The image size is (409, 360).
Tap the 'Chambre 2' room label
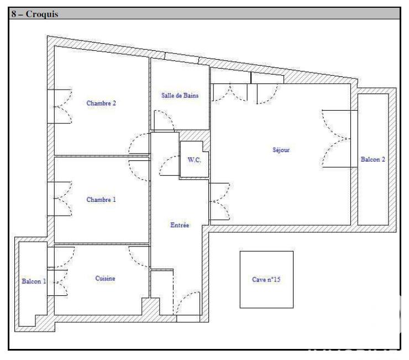point(101,103)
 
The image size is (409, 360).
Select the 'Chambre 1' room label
point(101,200)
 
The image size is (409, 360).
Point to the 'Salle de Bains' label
point(180,95)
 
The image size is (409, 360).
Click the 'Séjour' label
point(281,150)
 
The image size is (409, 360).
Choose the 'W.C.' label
point(193,160)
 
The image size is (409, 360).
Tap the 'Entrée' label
point(180,225)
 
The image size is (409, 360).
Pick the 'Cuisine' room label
point(105,279)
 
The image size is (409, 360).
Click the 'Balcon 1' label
point(34,281)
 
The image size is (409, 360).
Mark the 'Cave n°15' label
point(266,280)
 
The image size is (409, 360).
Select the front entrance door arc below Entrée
point(188,304)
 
